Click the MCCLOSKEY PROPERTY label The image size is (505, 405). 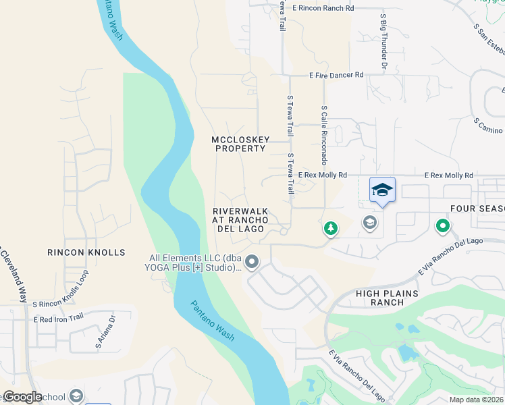pyautogui.click(x=240, y=144)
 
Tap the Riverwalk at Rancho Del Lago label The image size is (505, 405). pyautogui.click(x=241, y=219)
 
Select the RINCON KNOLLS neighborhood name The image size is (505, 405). pyautogui.click(x=86, y=252)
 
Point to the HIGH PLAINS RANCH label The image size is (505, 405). pyautogui.click(x=382, y=298)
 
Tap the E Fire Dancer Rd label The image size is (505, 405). pyautogui.click(x=336, y=75)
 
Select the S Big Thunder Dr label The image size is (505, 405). pyautogui.click(x=383, y=42)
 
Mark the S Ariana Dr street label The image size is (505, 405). pyautogui.click(x=105, y=333)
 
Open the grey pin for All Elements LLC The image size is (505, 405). pyautogui.click(x=252, y=261)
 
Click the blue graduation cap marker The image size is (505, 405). pyautogui.click(x=382, y=190)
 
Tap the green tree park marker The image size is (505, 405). pyautogui.click(x=330, y=229)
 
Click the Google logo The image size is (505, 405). pyautogui.click(x=22, y=396)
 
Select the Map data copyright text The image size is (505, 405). pyautogui.click(x=477, y=400)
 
